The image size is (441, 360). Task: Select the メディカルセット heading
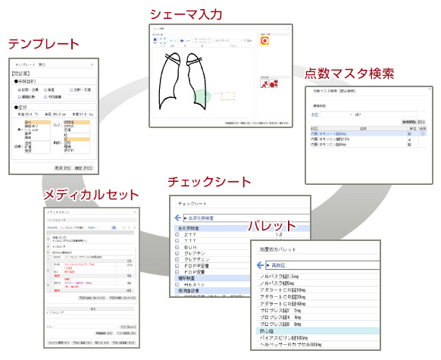coord(92,195)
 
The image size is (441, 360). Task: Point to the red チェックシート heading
coord(210,182)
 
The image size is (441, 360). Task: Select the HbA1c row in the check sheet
coord(195,280)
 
